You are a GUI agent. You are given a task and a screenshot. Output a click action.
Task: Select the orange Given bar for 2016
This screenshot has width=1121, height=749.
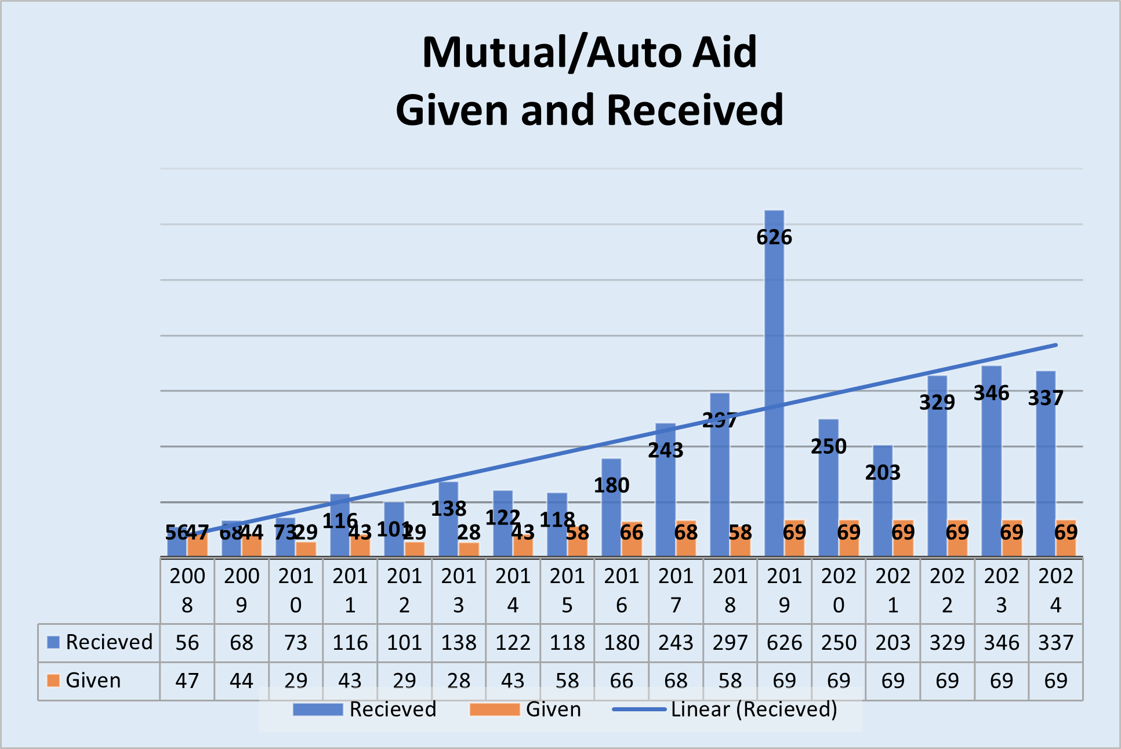coord(632,540)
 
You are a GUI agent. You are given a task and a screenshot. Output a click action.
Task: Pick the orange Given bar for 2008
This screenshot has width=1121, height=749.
coord(198,544)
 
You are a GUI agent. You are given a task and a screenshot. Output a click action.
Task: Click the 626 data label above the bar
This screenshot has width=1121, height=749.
coord(774,237)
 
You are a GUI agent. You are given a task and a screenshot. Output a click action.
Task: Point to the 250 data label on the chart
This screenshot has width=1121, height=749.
coord(828,446)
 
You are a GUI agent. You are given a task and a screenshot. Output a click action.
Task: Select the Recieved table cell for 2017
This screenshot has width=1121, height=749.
coord(676,643)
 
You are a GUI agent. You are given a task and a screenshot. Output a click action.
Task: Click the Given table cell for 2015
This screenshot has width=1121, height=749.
coord(567,681)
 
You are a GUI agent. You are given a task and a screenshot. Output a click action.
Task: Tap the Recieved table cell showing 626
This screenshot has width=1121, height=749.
coord(784,643)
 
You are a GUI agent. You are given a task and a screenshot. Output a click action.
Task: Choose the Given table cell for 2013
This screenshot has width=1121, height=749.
coord(459,681)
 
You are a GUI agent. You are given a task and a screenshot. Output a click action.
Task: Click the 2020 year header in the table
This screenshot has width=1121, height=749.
coord(839,590)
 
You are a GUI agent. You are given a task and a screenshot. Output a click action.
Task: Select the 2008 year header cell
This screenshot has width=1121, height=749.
coord(187,590)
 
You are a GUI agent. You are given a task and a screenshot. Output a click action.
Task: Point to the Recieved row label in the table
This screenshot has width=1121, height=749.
coord(108,642)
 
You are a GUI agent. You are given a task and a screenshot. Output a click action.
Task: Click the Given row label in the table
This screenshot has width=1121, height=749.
coord(93,680)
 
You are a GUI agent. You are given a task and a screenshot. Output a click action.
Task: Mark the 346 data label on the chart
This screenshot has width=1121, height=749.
coord(991,393)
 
